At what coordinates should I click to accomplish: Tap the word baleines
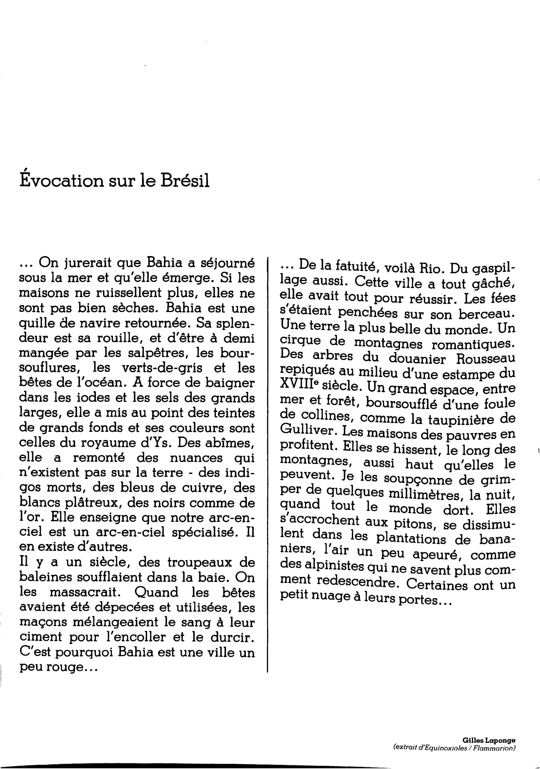coord(43,577)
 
